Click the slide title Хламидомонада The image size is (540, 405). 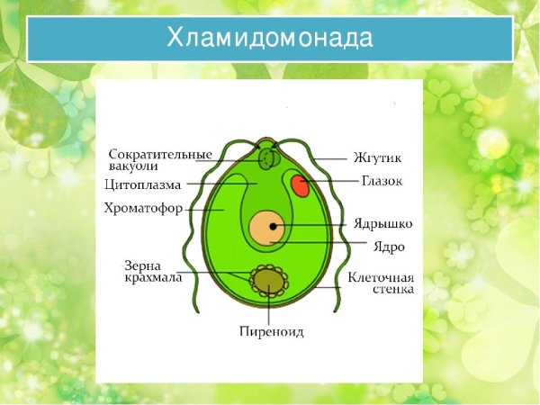click(x=270, y=38)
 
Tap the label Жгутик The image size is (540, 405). click(x=377, y=158)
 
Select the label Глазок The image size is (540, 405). click(x=381, y=181)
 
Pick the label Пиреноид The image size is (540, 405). click(x=270, y=331)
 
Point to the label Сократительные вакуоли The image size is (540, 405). click(x=160, y=159)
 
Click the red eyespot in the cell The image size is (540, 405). click(x=300, y=186)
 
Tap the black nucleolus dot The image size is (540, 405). click(x=272, y=226)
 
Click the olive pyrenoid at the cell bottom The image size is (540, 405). click(x=267, y=283)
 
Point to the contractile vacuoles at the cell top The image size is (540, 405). click(x=267, y=159)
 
